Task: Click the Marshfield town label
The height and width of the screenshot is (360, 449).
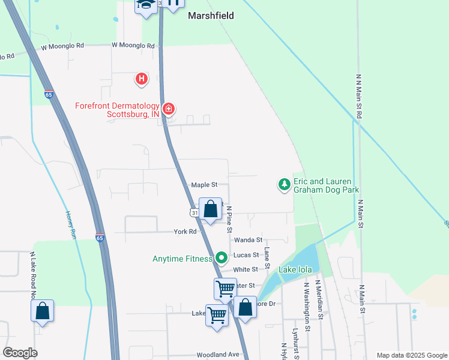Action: (x=210, y=16)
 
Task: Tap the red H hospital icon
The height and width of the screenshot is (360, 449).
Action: (x=141, y=78)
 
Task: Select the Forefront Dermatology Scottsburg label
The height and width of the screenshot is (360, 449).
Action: (x=117, y=110)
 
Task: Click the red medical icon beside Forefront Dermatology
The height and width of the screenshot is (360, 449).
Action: (x=169, y=109)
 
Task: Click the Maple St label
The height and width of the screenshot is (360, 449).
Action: (x=203, y=185)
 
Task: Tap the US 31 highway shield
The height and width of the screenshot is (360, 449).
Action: (x=193, y=213)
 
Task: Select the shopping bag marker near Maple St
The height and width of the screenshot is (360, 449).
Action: (x=210, y=210)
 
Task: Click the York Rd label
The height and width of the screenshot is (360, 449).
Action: (x=185, y=232)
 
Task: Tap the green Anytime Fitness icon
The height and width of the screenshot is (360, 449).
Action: (x=221, y=258)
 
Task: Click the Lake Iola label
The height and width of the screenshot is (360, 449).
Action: (x=295, y=270)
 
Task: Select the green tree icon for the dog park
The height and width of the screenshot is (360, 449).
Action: (x=284, y=185)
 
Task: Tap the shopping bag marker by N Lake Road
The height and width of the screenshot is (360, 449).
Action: (x=42, y=311)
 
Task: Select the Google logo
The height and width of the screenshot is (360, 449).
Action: (x=20, y=353)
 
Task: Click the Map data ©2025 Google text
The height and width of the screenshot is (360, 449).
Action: (x=411, y=355)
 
